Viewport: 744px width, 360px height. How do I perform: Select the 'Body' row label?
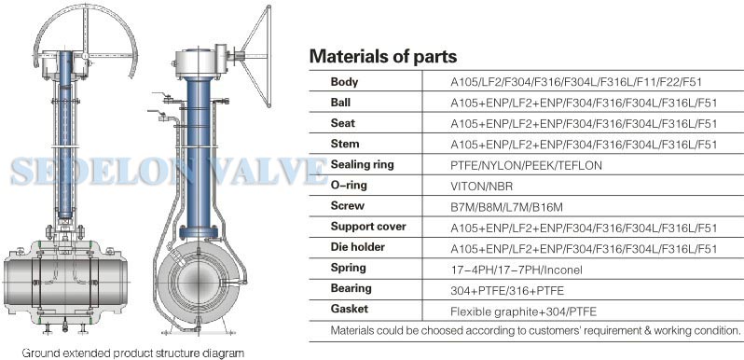[345, 82]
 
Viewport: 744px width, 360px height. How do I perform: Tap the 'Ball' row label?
[343, 103]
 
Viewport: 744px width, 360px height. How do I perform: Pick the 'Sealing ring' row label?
[362, 164]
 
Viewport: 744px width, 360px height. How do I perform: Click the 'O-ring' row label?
[349, 185]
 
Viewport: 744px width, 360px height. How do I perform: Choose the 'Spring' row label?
[349, 268]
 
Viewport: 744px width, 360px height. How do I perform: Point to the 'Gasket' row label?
[349, 309]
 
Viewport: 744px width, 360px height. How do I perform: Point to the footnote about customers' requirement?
[536, 330]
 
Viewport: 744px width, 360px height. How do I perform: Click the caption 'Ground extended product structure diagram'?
[133, 353]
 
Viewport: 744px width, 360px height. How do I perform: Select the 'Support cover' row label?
[368, 227]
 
